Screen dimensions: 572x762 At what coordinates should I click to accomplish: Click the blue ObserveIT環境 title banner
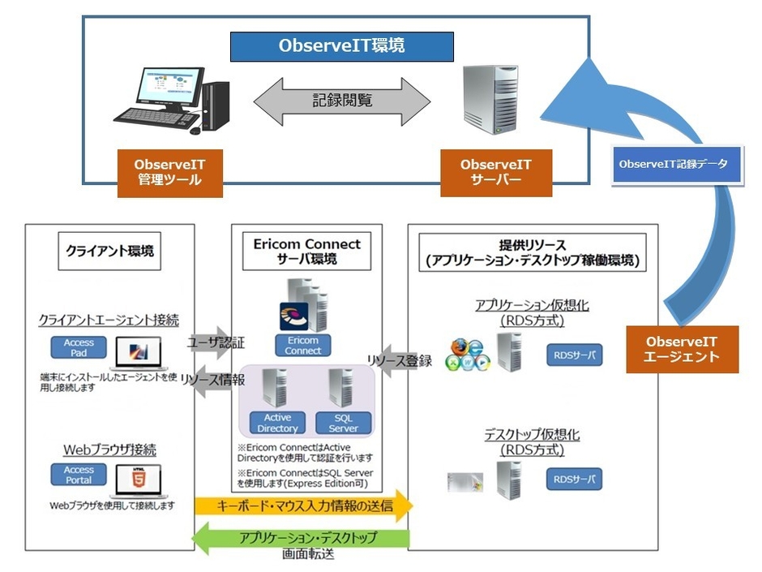pos(341,46)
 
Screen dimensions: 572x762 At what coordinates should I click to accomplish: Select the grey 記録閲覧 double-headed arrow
pos(341,101)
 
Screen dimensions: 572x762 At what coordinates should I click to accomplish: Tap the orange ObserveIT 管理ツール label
pos(169,172)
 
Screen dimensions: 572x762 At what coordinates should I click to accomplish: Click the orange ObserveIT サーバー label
pos(496,172)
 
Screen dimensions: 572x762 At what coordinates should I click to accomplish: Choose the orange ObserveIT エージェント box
pos(682,349)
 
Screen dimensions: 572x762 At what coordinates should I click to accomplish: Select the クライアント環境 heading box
pos(109,251)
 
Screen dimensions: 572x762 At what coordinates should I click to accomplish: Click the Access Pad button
pos(79,348)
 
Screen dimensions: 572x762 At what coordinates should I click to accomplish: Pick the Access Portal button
pos(79,475)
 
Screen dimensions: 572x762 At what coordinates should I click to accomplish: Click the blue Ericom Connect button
pos(302,345)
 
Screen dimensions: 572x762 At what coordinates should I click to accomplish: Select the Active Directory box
pos(277,423)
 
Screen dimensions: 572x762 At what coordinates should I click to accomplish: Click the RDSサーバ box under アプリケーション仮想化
pos(574,355)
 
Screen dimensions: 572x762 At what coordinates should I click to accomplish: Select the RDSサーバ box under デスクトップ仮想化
pos(574,479)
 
